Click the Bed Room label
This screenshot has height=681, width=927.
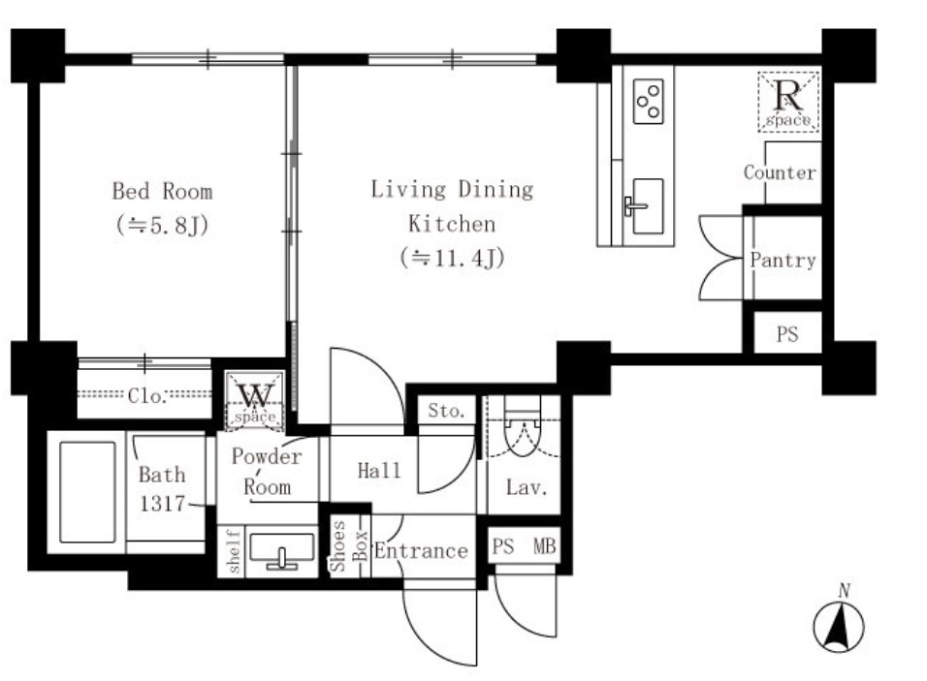tap(162, 192)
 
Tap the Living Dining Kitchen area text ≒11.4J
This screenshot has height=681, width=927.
tap(452, 258)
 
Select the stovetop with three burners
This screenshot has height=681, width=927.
tap(648, 102)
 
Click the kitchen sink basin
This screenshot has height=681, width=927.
tap(647, 206)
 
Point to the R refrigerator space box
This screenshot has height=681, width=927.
tap(788, 101)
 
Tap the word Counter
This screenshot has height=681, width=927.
tap(780, 172)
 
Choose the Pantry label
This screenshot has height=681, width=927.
tap(783, 260)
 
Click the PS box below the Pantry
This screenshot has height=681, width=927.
tap(787, 333)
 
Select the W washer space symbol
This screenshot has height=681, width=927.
tap(255, 399)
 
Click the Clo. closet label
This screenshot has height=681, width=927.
tap(146, 395)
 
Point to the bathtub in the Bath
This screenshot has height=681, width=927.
tap(87, 492)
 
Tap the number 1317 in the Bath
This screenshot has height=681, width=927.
tap(161, 503)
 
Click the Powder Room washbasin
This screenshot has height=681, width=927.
tap(282, 551)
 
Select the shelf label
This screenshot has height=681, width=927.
tap(234, 551)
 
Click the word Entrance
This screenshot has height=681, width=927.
tap(421, 551)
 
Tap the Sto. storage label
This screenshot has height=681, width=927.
tap(446, 411)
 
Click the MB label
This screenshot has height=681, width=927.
tap(545, 546)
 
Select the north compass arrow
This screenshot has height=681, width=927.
tap(839, 626)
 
